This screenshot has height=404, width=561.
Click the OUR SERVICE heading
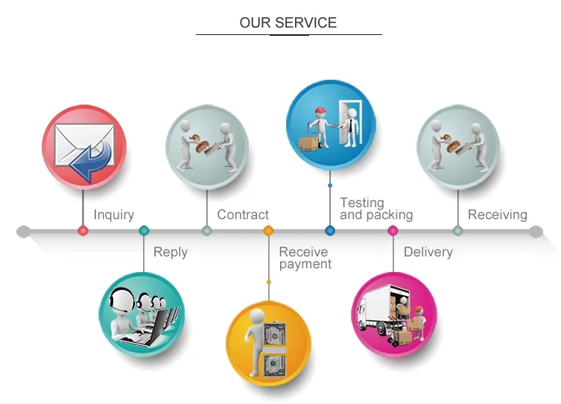(x=288, y=22)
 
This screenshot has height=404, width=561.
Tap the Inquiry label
(x=113, y=215)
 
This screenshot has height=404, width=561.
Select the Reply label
(x=170, y=252)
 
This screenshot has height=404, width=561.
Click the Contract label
(x=242, y=215)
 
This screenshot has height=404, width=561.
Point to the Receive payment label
(x=305, y=258)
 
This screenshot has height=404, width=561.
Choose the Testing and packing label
(x=375, y=209)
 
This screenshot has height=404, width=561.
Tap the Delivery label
(x=428, y=252)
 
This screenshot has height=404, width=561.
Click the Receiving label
(x=497, y=215)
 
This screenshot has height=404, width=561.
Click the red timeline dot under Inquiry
(x=83, y=231)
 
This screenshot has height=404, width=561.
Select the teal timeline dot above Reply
(x=144, y=231)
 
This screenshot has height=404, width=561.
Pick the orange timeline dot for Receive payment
(x=268, y=231)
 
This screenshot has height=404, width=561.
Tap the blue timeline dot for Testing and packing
(x=329, y=231)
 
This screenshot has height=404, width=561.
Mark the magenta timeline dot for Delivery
(x=393, y=231)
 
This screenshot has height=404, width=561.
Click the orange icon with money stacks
(x=268, y=344)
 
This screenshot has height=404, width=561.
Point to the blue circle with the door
(x=329, y=122)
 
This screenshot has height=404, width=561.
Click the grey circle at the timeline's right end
(x=535, y=231)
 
